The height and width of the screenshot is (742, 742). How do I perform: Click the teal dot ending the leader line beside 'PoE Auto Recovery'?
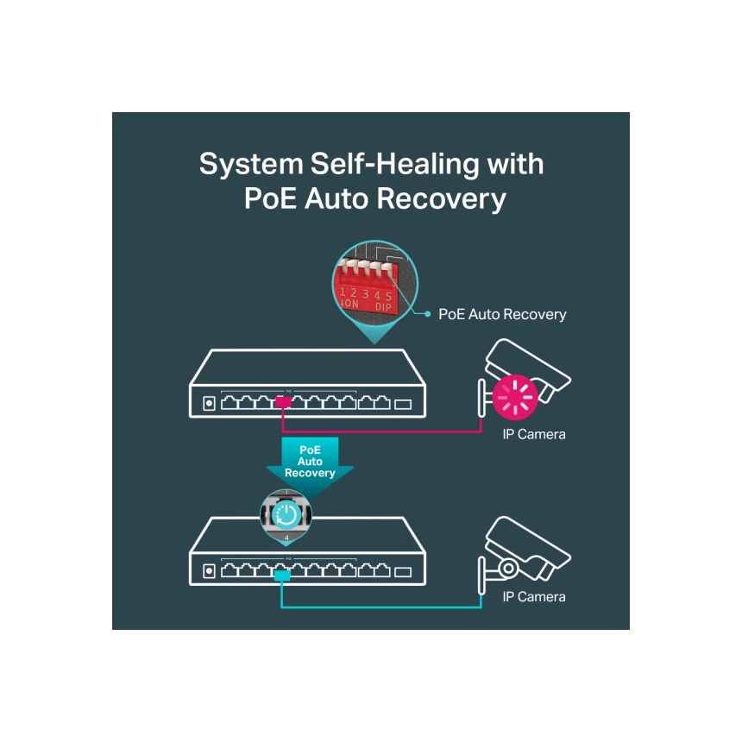pos(427,314)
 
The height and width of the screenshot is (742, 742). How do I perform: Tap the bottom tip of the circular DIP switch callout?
pos(374,344)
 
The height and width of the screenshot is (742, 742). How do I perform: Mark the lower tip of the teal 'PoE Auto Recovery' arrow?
pos(310,498)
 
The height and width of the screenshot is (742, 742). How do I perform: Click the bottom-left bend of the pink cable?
pos(282,431)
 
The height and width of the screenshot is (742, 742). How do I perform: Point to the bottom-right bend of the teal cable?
pos(481,607)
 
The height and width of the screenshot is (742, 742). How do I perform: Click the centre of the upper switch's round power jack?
pos(209,404)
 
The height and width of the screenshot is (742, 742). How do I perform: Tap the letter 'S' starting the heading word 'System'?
pos(208,164)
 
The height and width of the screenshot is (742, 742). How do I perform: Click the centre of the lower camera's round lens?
pos(509,568)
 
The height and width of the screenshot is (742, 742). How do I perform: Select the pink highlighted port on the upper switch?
pos(283,402)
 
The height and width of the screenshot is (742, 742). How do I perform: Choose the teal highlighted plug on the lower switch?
pos(282,575)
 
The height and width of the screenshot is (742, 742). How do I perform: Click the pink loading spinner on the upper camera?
pos(515,398)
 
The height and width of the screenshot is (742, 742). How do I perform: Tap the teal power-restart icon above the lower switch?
pos(286,514)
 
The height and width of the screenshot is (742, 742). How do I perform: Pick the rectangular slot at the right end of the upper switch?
pos(403,404)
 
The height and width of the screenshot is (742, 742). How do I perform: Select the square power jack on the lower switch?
pos(209,571)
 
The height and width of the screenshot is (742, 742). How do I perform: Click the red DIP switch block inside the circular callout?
pos(367,288)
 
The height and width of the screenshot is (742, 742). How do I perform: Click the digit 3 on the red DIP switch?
pos(365,294)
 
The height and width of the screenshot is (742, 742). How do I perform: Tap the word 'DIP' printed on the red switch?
pos(383,306)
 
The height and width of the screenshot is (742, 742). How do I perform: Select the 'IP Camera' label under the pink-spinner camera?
pos(534,434)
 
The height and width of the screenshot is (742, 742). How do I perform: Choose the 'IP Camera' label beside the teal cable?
pos(534,597)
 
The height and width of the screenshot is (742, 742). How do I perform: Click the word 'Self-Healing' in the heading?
pos(394,165)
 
